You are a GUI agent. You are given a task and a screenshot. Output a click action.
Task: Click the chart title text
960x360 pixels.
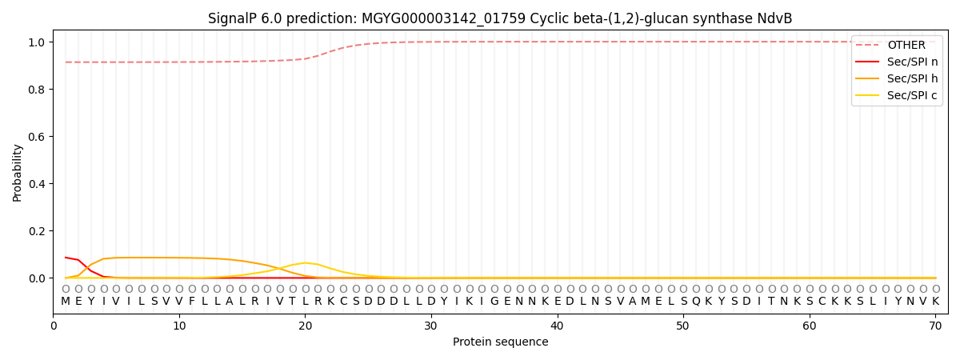[500, 18]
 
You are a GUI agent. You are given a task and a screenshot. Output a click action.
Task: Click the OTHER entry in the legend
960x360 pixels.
[906, 46]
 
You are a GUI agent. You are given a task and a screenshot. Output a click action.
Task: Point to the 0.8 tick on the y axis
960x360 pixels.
[37, 90]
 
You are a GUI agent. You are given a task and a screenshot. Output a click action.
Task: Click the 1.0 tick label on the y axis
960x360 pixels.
[37, 42]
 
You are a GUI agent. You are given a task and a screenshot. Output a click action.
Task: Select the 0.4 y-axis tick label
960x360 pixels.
[37, 184]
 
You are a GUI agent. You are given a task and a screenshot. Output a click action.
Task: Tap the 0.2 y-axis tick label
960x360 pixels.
[37, 231]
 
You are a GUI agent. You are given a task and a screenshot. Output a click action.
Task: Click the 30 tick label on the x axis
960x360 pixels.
[431, 326]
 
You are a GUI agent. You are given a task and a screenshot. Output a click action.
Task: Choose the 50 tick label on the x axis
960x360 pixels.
[682, 326]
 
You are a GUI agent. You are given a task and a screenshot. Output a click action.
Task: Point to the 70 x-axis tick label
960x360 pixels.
[934, 326]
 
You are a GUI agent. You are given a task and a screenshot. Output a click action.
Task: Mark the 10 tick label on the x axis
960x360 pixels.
[179, 326]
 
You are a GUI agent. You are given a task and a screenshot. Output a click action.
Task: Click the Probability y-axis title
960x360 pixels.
[18, 173]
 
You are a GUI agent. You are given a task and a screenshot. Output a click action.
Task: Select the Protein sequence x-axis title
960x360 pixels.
[500, 342]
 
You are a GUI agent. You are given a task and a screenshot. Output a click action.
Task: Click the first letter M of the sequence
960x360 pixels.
[66, 302]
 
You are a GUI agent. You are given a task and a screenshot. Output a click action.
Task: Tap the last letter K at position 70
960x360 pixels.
[935, 302]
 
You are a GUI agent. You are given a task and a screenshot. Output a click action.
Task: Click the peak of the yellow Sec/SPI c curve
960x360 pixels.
[305, 262]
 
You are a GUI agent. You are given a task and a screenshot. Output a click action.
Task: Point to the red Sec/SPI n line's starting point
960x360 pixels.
[66, 258]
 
